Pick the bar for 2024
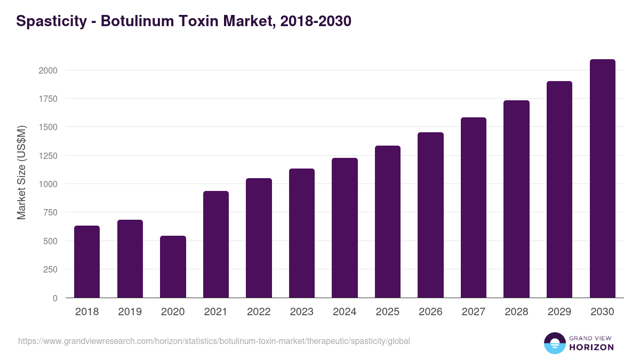345,228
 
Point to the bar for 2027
474,207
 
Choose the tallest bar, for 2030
602,178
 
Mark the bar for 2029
559,189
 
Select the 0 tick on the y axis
54,298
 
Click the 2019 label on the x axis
130,312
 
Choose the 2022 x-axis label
259,312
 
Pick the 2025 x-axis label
388,312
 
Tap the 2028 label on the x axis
516,312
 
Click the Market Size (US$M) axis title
21,173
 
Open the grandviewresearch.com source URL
214,341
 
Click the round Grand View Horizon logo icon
555,343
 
